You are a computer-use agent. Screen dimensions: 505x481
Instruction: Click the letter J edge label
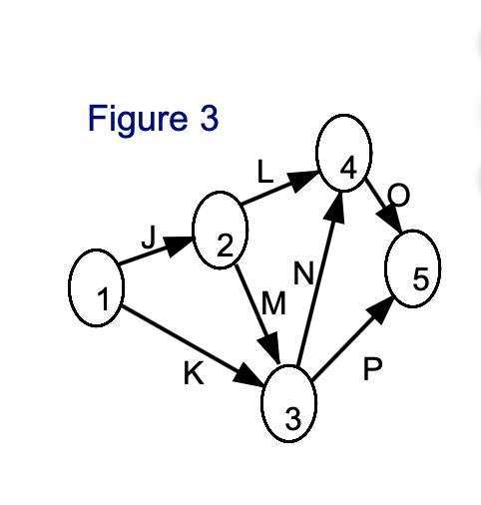[149, 238]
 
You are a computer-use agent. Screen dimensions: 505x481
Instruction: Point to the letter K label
[194, 372]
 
